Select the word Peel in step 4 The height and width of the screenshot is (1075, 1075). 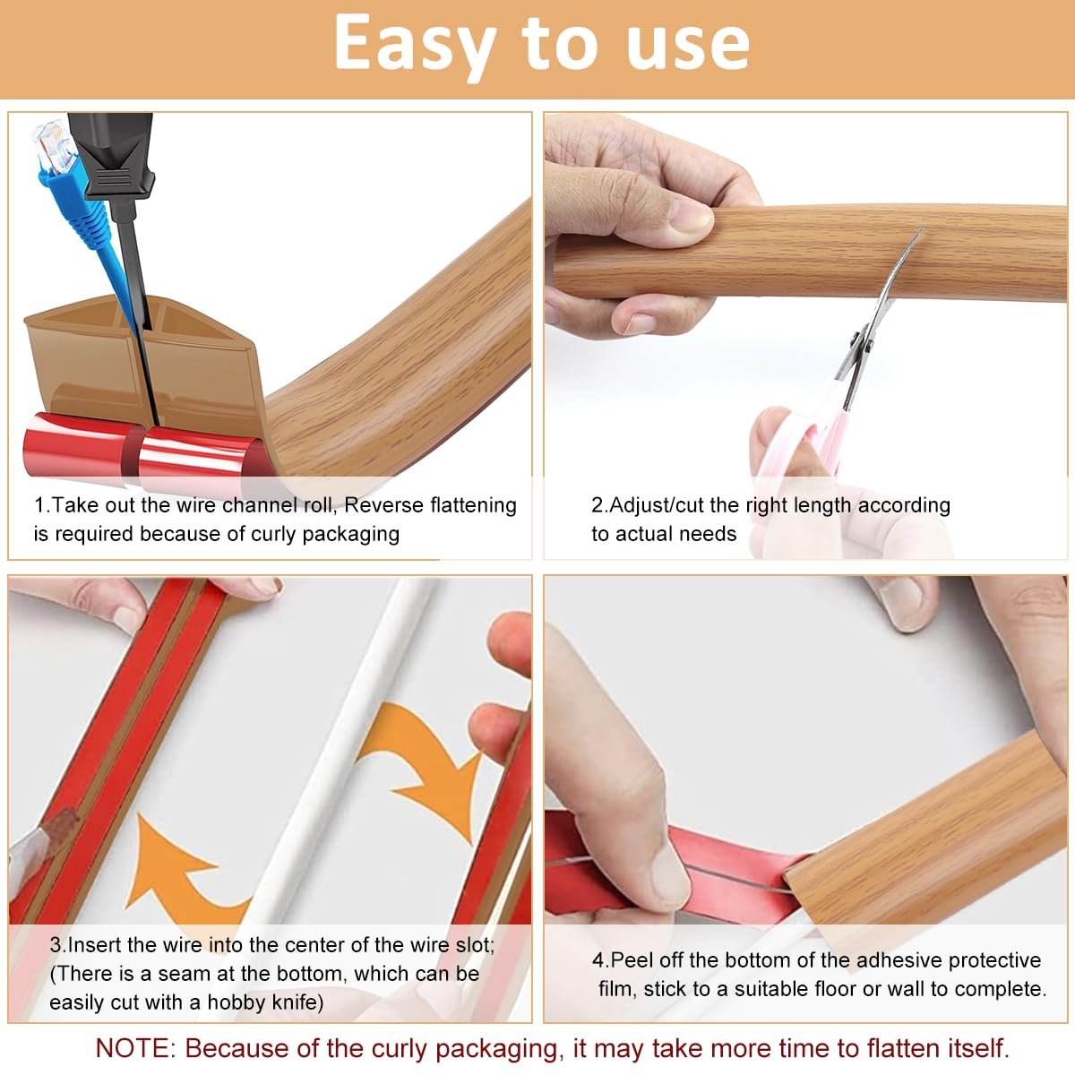coord(632,960)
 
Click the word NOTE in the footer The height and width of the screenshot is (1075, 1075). coord(135,1048)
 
